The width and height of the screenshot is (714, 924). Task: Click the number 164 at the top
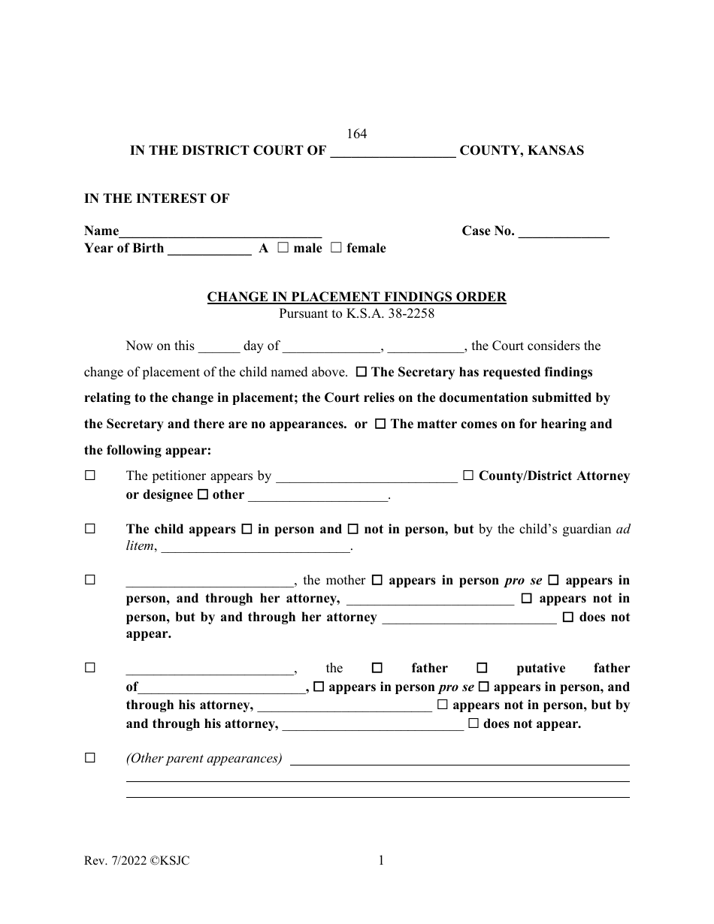pos(356,134)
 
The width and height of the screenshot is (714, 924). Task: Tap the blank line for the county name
pos(393,151)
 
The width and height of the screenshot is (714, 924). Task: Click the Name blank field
pos(220,231)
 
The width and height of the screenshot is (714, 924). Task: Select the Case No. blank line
pos(564,231)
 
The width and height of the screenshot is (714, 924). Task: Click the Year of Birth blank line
pos(209,249)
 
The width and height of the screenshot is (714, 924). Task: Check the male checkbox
pos(283,248)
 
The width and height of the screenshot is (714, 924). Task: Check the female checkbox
pos(335,248)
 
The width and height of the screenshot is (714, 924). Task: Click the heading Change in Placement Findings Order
pos(356,297)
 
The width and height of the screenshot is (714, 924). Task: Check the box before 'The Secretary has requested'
pos(361,372)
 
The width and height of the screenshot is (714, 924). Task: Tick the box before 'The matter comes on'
pos(380,424)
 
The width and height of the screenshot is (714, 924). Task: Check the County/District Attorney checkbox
pos(468,476)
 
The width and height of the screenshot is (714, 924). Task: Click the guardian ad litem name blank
pos(256,547)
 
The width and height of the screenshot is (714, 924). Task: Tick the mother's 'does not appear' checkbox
pos(568,617)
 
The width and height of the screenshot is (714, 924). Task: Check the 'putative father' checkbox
pos(483,668)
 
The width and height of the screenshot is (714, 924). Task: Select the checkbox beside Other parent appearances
pos(90,758)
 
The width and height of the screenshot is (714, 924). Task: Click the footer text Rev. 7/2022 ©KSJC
pos(137,862)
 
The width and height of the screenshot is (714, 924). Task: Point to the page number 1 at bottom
pos(381,862)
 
